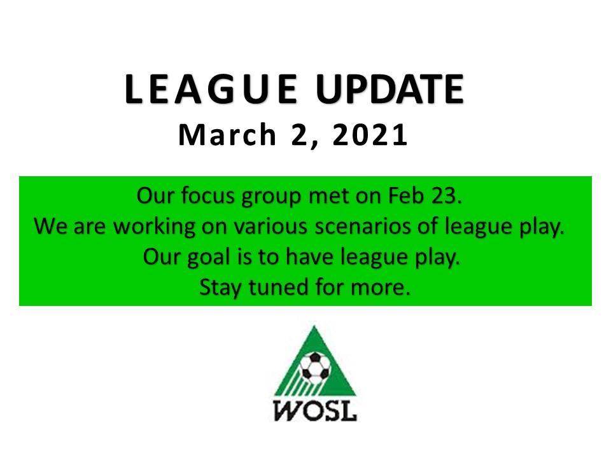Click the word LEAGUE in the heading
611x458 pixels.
211,89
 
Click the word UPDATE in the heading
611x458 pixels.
390,89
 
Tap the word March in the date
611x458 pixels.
227,135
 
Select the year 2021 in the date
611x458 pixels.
370,135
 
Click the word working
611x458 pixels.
154,226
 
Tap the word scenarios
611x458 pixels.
362,226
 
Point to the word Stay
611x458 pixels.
221,288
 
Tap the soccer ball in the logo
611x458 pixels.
315,366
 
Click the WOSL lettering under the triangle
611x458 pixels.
315,410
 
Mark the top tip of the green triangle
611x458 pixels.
314,326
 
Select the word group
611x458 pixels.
271,197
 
